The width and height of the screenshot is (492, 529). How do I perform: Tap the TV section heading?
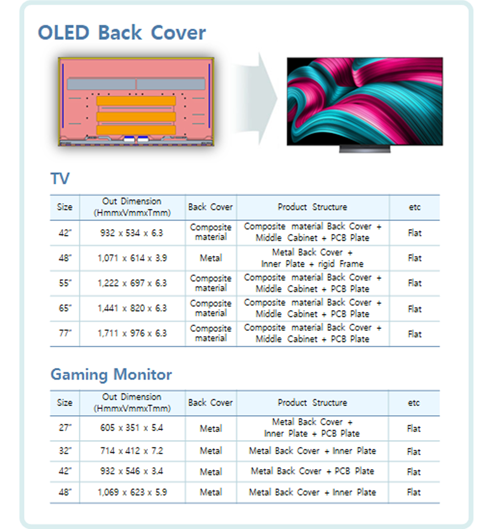pyautogui.click(x=60, y=178)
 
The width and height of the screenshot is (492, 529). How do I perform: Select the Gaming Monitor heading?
pyautogui.click(x=111, y=375)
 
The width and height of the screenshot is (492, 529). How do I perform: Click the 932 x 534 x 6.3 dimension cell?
pyautogui.click(x=132, y=233)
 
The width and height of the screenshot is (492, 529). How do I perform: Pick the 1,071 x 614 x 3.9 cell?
pyautogui.click(x=132, y=258)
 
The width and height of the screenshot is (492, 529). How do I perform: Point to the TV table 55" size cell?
pyautogui.click(x=65, y=283)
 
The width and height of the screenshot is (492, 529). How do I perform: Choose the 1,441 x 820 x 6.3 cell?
pyautogui.click(x=132, y=308)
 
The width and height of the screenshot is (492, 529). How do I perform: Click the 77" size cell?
pyautogui.click(x=65, y=333)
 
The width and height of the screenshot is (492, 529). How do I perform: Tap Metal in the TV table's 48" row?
pyautogui.click(x=211, y=258)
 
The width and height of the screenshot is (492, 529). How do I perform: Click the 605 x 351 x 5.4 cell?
pyautogui.click(x=132, y=428)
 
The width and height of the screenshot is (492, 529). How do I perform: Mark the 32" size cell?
pyautogui.click(x=65, y=451)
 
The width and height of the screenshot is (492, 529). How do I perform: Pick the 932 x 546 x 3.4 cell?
pyautogui.click(x=132, y=471)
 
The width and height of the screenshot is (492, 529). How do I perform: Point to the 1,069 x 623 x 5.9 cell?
pyautogui.click(x=132, y=492)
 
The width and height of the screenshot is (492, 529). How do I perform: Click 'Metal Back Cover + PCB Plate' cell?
pyautogui.click(x=312, y=471)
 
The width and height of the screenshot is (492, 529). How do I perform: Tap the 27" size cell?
pyautogui.click(x=65, y=428)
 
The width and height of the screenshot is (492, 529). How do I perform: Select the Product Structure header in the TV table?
pyautogui.click(x=312, y=207)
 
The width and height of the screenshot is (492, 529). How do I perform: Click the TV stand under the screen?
pyautogui.click(x=365, y=149)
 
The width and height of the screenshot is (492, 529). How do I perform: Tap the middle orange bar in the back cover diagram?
pyautogui.click(x=136, y=117)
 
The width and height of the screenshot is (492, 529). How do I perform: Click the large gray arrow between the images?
pyautogui.click(x=255, y=98)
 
